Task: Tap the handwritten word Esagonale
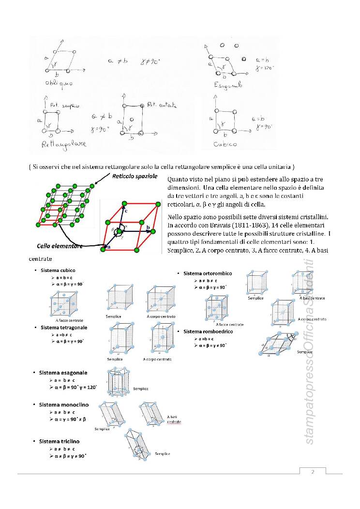[x=227, y=85]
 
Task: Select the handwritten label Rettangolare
[x=57, y=144]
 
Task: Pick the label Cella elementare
[x=60, y=246]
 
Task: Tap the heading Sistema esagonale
[x=63, y=373]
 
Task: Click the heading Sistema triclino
[x=59, y=442]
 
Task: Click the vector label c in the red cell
[x=126, y=211]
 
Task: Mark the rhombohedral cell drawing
[x=277, y=344]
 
